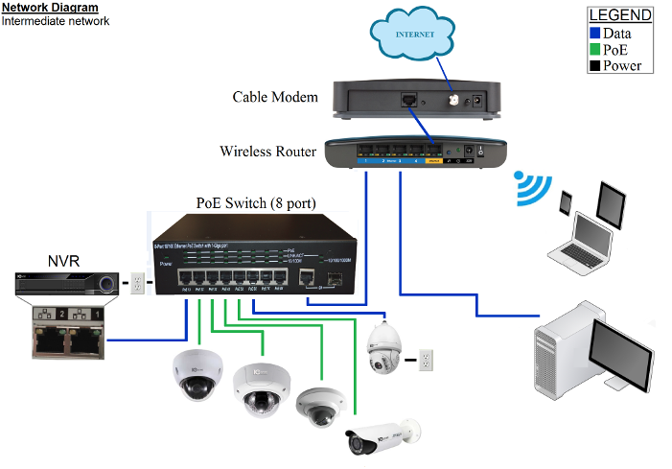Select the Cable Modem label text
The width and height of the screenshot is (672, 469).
click(275, 97)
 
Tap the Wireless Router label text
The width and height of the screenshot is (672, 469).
click(267, 151)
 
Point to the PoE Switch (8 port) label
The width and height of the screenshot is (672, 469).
click(256, 203)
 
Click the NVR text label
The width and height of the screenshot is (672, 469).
click(64, 260)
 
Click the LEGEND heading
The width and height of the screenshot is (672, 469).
click(619, 15)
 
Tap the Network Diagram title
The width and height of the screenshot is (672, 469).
click(49, 8)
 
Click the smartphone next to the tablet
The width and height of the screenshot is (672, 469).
click(567, 203)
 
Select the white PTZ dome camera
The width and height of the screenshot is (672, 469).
click(386, 346)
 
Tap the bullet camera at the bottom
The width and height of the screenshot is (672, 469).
click(382, 434)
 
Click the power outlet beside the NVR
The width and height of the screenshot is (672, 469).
click(137, 282)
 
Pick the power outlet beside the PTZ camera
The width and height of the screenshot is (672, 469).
click(428, 361)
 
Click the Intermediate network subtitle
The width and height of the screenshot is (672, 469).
click(42, 20)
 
